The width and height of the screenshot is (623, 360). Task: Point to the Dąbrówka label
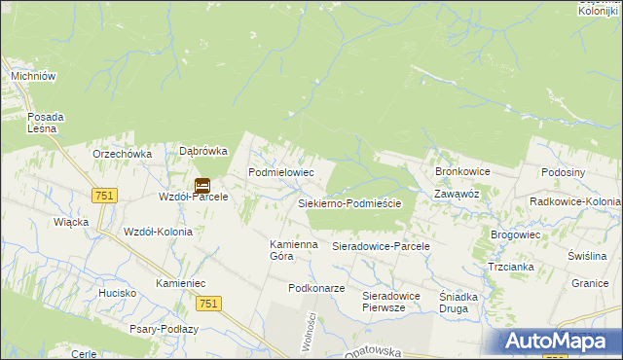(203, 151)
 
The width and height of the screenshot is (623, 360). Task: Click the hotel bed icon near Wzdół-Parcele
(202, 184)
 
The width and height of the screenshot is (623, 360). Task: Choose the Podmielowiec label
(280, 172)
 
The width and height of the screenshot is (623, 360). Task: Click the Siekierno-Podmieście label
(355, 203)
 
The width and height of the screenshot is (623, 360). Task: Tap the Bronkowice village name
(462, 171)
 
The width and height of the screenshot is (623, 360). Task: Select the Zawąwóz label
(457, 194)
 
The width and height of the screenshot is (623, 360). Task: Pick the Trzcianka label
(511, 267)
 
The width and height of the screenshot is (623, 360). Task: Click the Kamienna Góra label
(294, 250)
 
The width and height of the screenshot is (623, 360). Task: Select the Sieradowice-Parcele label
(381, 247)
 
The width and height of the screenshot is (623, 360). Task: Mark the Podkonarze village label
(316, 289)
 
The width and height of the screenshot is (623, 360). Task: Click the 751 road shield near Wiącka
(106, 196)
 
